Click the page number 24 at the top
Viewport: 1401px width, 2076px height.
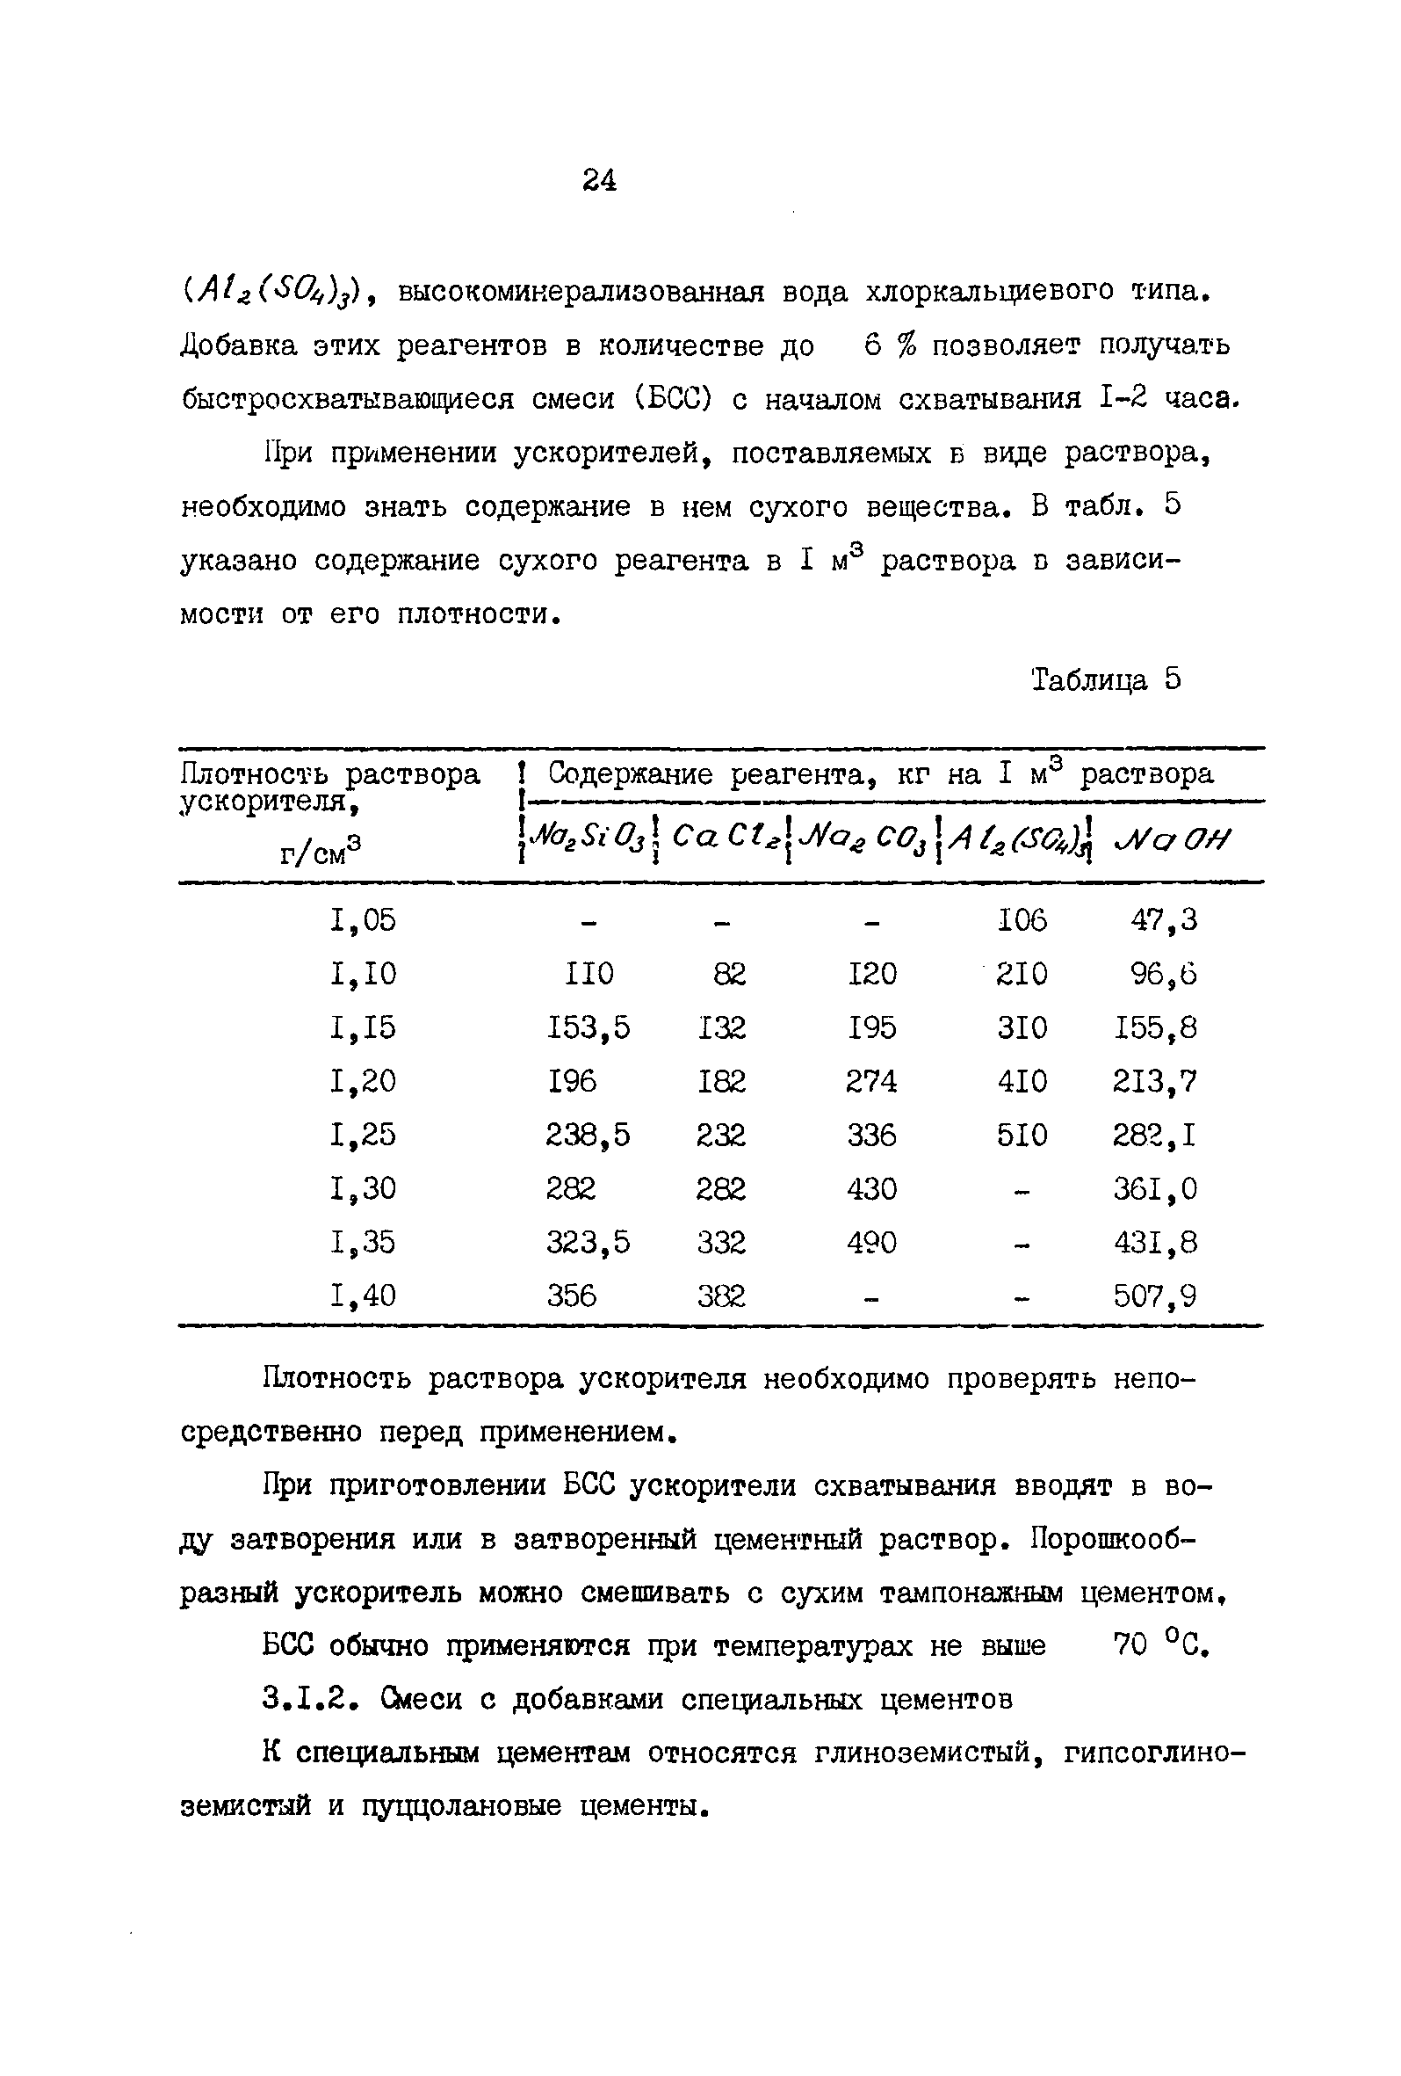pos(599,180)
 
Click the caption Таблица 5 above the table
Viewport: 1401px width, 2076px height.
pos(1106,679)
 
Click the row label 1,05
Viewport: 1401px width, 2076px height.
pos(363,919)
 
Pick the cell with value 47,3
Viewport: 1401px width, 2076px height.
pos(1165,919)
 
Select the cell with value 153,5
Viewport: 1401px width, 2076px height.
pos(589,1027)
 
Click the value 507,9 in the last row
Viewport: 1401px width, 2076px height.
pos(1155,1296)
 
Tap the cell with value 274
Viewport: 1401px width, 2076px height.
pos(871,1081)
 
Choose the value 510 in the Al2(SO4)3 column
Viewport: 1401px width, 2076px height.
pos(1022,1135)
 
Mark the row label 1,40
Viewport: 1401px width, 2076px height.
pos(363,1296)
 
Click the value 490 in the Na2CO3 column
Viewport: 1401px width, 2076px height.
pos(871,1242)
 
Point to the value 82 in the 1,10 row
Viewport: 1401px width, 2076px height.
pos(730,973)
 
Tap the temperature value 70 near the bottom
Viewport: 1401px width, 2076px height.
pos(1130,1644)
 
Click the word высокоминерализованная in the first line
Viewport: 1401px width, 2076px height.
pos(581,291)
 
